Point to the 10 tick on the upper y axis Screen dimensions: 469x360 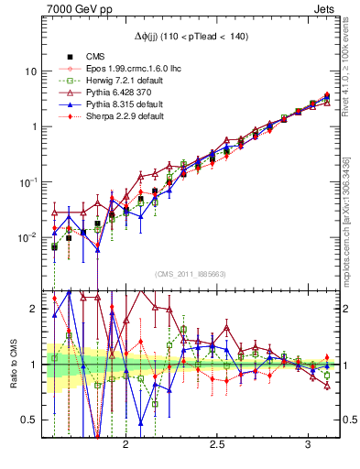click(x=31, y=71)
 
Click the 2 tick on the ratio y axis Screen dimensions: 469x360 click(x=34, y=309)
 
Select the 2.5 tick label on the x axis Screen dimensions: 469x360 click(x=218, y=444)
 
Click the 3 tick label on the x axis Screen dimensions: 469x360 click(x=309, y=444)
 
